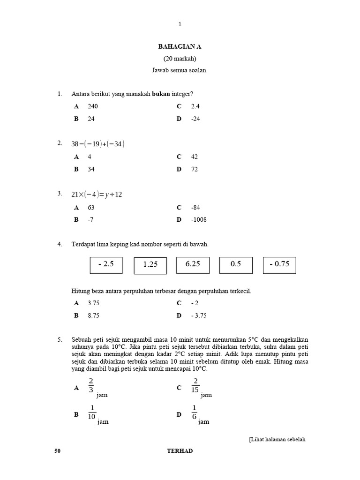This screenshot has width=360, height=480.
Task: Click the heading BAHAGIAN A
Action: (x=180, y=47)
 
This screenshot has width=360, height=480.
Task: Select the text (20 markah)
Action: (x=180, y=59)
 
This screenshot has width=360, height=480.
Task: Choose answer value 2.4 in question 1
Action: (x=195, y=106)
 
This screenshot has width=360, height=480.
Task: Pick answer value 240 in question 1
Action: (x=93, y=106)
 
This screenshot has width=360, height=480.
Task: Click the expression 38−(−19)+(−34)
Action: (x=98, y=144)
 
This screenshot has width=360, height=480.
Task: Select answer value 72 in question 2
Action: (x=195, y=169)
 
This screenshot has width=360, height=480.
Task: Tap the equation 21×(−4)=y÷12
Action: (x=97, y=195)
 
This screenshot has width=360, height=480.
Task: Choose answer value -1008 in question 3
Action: (x=199, y=219)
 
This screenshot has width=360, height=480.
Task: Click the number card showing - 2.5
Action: (x=106, y=264)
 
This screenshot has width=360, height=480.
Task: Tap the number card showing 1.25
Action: (x=150, y=265)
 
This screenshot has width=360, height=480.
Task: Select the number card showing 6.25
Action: (x=193, y=264)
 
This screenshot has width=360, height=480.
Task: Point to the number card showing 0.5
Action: (x=236, y=264)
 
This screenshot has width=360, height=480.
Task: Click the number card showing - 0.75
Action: (x=279, y=264)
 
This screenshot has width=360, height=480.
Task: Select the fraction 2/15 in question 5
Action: (x=195, y=385)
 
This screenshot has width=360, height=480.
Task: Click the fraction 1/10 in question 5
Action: (x=92, y=412)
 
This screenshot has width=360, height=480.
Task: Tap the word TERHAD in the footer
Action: (x=180, y=451)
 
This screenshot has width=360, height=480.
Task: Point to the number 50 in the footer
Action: (x=58, y=451)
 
